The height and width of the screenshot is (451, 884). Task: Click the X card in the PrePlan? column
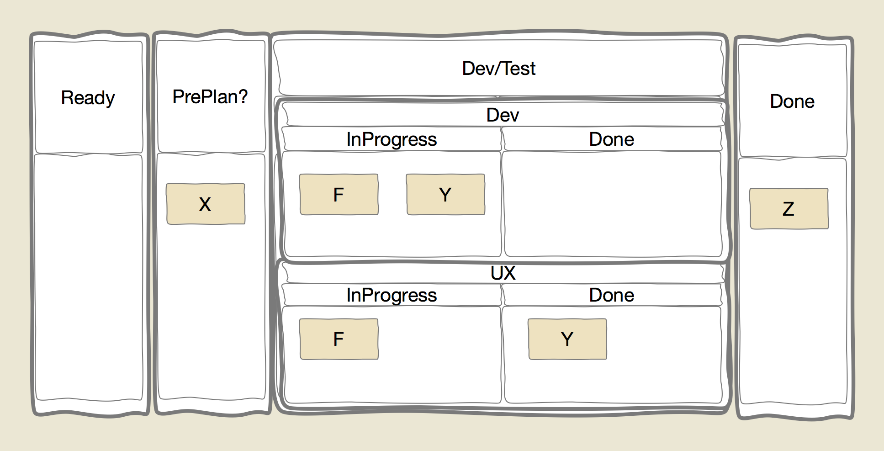(206, 204)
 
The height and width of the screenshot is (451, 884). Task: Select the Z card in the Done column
(789, 208)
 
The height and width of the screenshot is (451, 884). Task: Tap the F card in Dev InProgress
(339, 194)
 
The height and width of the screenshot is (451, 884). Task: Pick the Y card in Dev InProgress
(445, 194)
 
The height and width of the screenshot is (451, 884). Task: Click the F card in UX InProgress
(339, 339)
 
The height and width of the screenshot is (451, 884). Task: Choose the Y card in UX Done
(567, 339)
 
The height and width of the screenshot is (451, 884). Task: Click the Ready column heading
(88, 98)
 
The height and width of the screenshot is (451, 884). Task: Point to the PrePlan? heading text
(210, 96)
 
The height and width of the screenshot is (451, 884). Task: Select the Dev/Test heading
(499, 69)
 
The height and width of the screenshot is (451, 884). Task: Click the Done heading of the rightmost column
(793, 101)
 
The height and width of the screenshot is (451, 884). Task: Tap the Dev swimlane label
(503, 115)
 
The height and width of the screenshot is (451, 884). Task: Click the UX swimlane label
(503, 273)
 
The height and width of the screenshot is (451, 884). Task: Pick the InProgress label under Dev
(392, 140)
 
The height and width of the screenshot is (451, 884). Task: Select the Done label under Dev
(612, 139)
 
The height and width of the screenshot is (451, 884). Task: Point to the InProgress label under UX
(392, 296)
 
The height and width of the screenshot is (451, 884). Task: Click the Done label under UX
(612, 295)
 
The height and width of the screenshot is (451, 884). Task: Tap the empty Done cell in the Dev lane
(612, 204)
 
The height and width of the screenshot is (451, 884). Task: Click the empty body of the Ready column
(89, 278)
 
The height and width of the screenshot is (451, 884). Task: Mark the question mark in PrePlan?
(243, 96)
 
